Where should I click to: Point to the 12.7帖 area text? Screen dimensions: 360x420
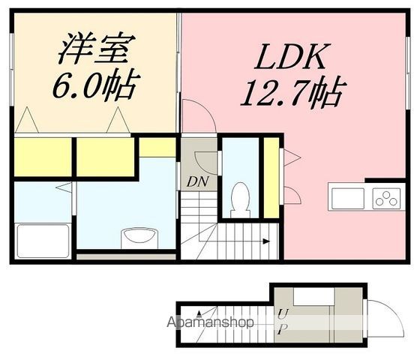point(292,94)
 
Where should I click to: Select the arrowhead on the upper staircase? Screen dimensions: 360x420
point(265,241)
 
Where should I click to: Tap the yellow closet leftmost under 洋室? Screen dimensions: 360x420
point(42,157)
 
